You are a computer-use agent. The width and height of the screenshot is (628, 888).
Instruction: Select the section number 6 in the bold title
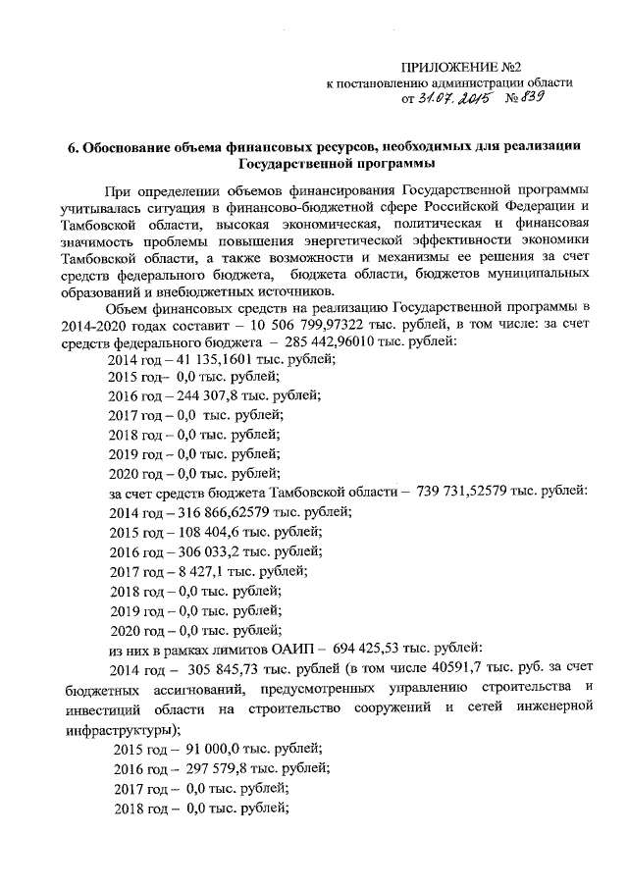(72, 147)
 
